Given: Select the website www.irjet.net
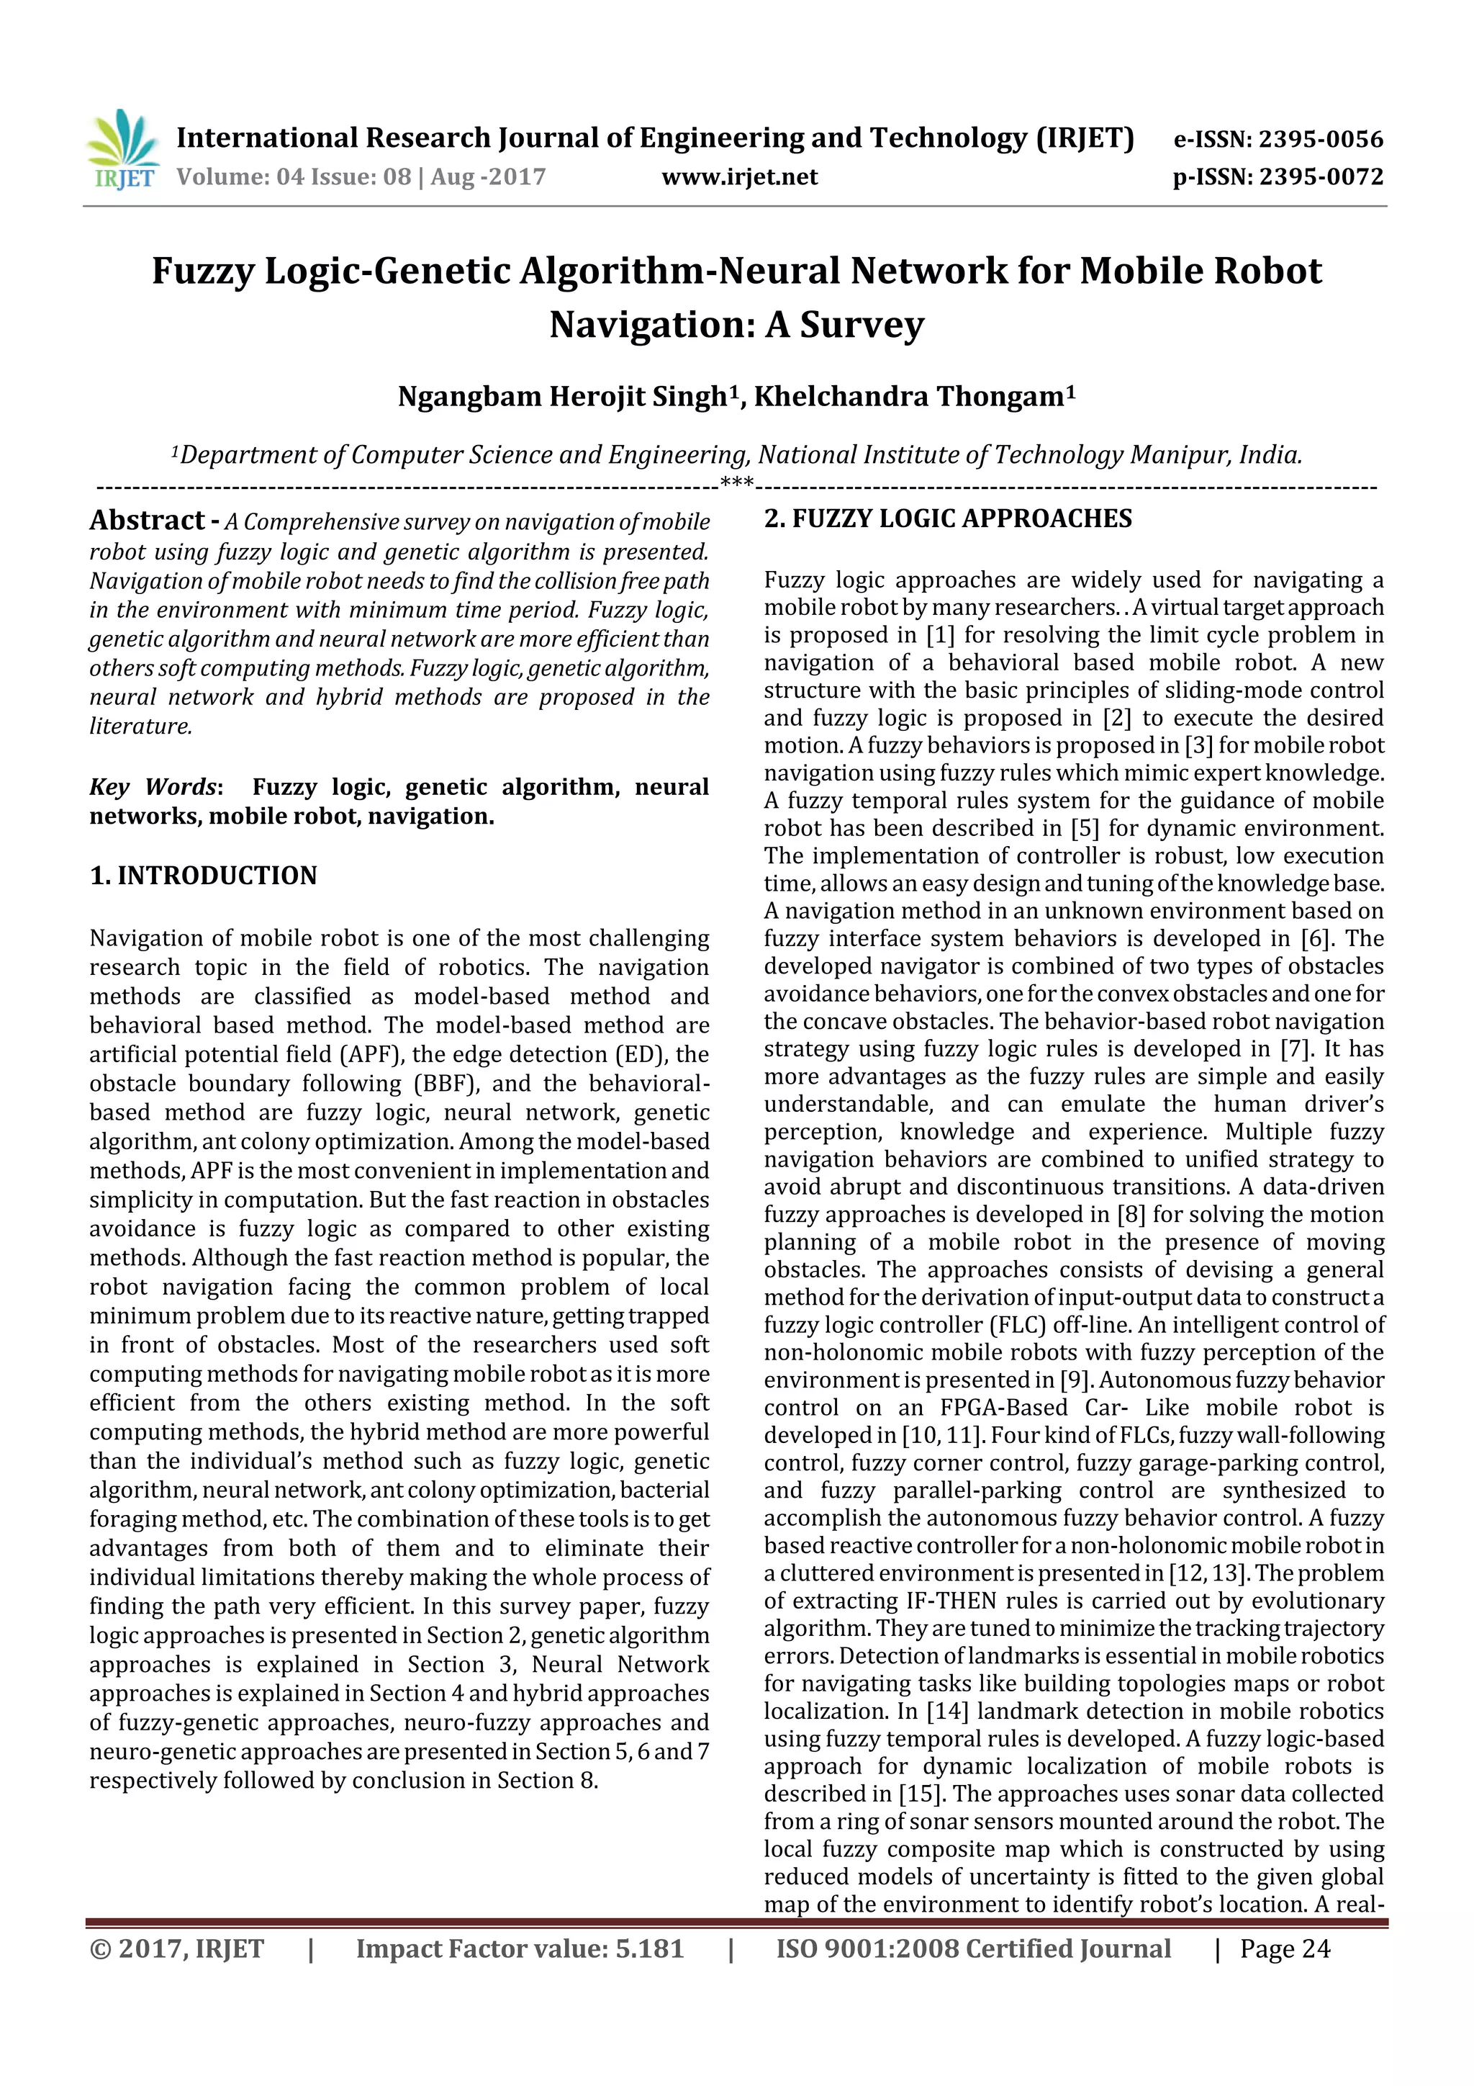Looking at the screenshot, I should click(x=739, y=177).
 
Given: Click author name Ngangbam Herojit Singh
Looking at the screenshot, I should click(x=563, y=397).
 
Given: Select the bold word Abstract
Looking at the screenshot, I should click(x=147, y=521).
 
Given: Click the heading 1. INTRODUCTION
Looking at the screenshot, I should click(x=204, y=876).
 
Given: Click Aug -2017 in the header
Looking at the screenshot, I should click(x=488, y=177).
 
